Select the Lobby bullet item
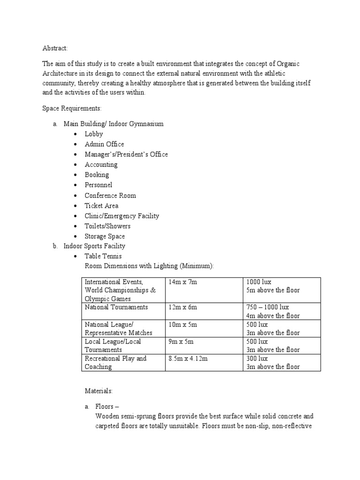tap(94, 134)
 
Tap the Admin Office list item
tap(104, 144)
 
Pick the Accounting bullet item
tap(101, 165)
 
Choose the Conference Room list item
tap(110, 195)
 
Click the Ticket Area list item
tap(101, 206)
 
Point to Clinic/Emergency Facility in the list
tap(122, 216)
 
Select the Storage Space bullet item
tap(105, 237)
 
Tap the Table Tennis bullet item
tap(103, 256)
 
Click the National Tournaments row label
tap(116, 307)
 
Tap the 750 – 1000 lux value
tap(268, 307)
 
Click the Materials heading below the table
tap(99, 390)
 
